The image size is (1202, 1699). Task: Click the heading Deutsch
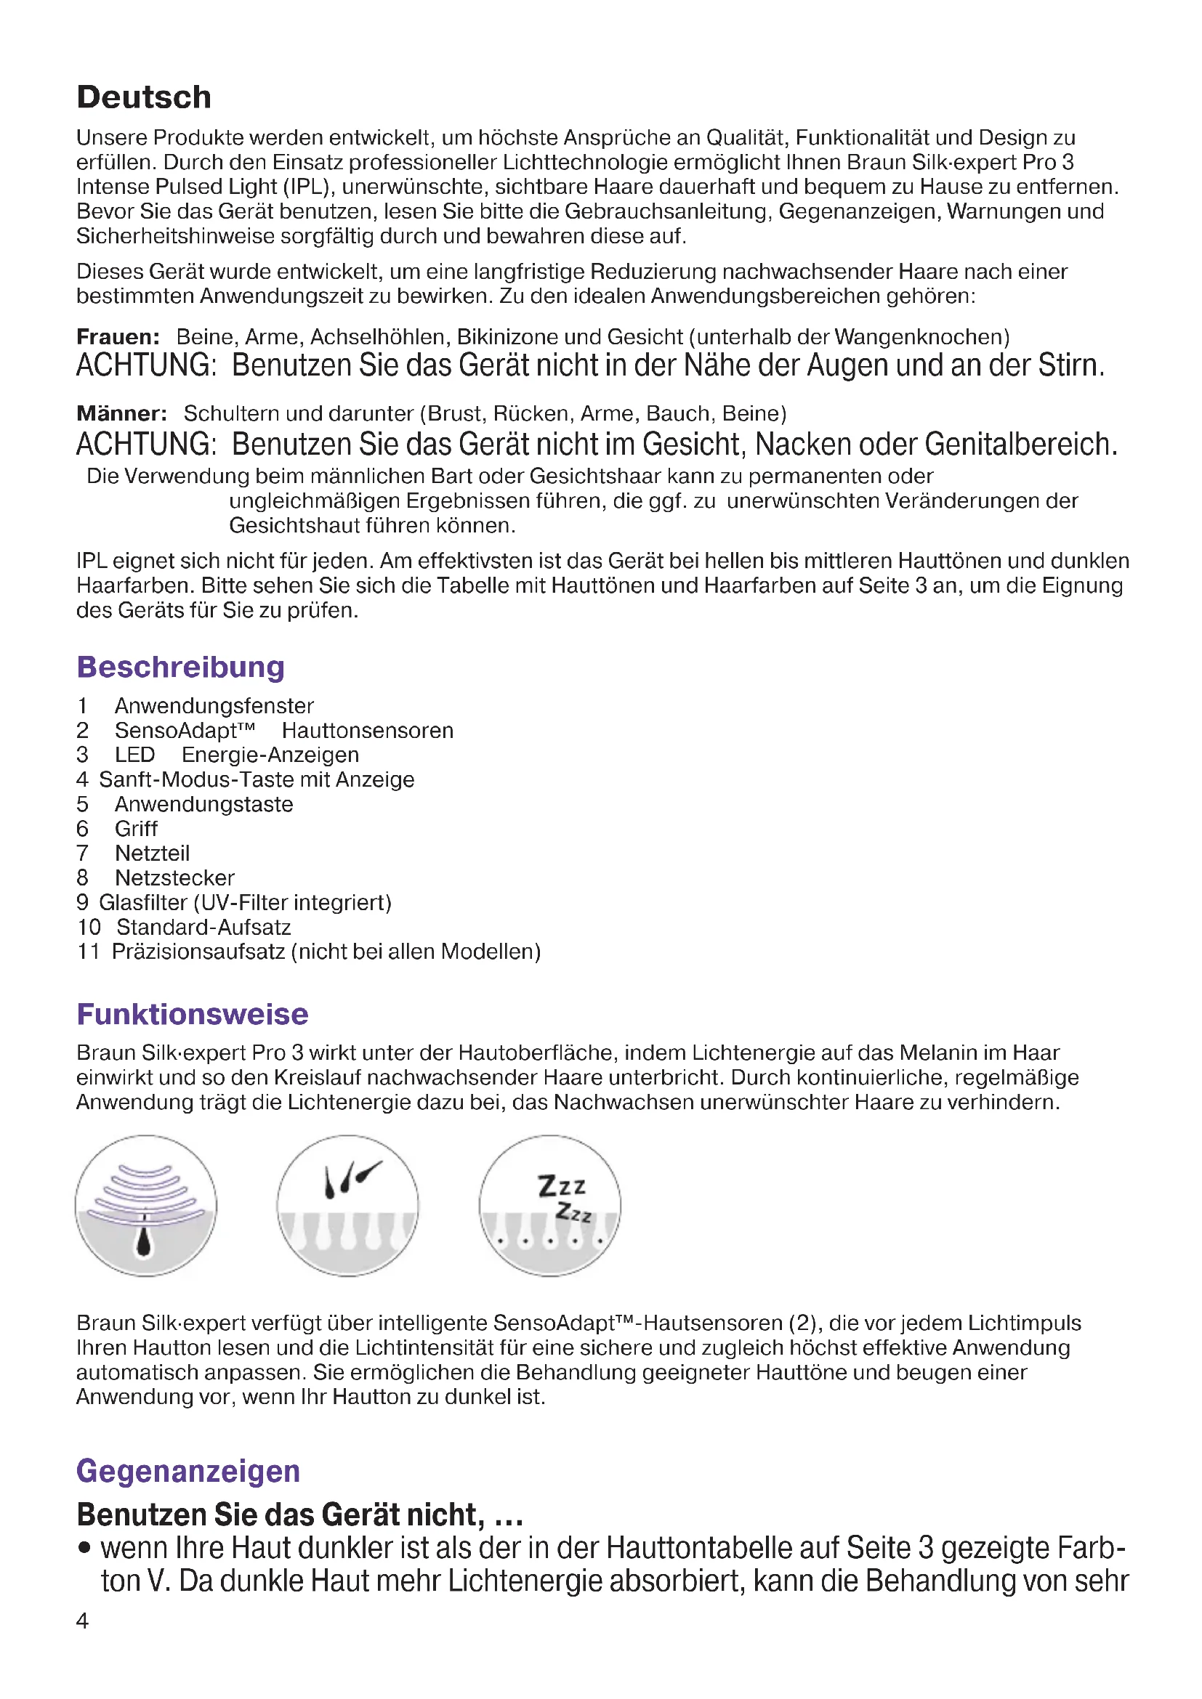pyautogui.click(x=144, y=97)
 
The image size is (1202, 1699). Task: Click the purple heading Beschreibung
pyautogui.click(x=181, y=667)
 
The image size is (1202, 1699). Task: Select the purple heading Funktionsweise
pyautogui.click(x=193, y=1014)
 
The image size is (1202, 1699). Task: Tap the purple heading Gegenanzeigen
pyautogui.click(x=188, y=1470)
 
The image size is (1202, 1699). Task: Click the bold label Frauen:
pyautogui.click(x=118, y=337)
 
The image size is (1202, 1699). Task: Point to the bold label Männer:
pyautogui.click(x=121, y=413)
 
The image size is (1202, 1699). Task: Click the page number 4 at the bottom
pyautogui.click(x=82, y=1620)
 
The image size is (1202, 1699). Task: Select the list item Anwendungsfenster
pyautogui.click(x=214, y=705)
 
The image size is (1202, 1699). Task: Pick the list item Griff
pyautogui.click(x=136, y=829)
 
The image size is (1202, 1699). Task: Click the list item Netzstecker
pyautogui.click(x=174, y=877)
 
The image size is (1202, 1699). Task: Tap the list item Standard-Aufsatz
pyautogui.click(x=203, y=927)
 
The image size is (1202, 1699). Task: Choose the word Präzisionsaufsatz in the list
pyautogui.click(x=198, y=952)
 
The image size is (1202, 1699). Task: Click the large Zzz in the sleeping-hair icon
pyautogui.click(x=561, y=1186)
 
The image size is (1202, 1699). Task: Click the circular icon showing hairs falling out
pyautogui.click(x=348, y=1206)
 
